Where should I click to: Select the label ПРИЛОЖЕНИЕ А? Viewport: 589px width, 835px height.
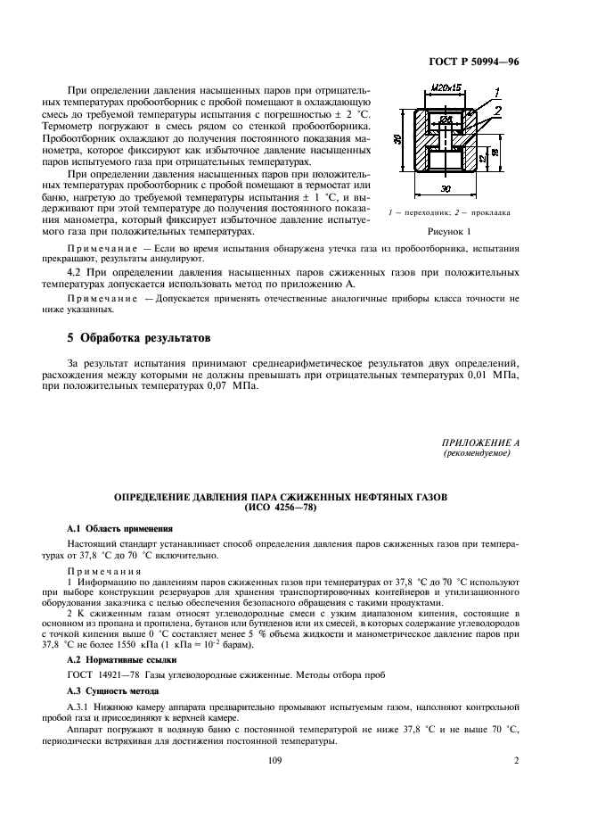[481, 442]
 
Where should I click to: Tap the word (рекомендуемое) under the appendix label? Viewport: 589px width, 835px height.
[477, 453]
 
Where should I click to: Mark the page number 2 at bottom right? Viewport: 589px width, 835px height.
[516, 761]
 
